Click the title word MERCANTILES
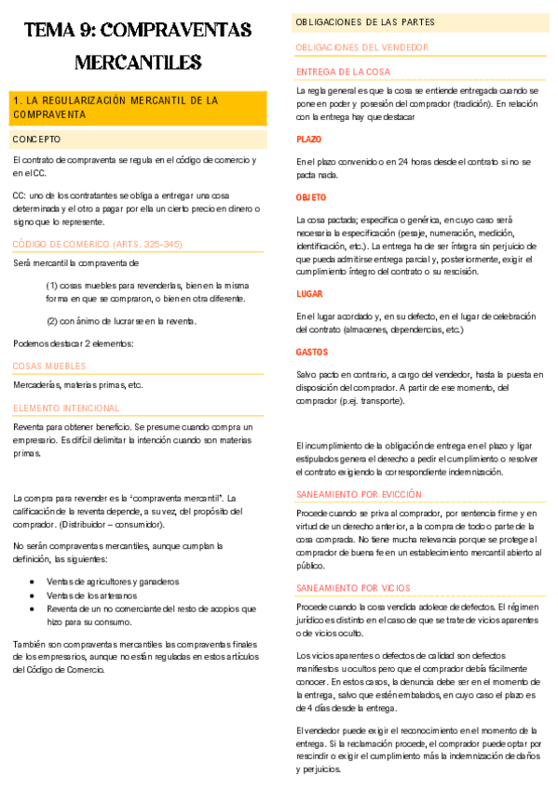pos(138,62)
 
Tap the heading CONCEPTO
pos(36,139)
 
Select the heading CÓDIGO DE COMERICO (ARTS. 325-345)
pos(98,244)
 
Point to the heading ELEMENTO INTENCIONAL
pos(66,408)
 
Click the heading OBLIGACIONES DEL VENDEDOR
pos(361,47)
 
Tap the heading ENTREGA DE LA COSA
pos(343,72)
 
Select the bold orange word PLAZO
pos(308,139)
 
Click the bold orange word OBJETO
pos(311,198)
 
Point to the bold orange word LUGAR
pos(309,293)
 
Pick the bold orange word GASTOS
pos(311,353)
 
